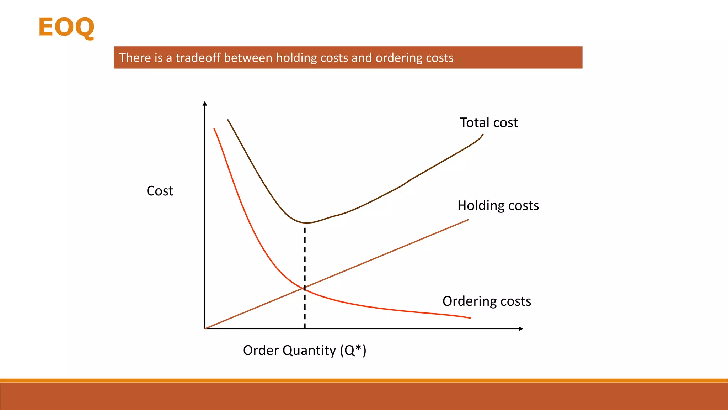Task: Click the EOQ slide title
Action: pos(66,27)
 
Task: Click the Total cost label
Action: pos(489,122)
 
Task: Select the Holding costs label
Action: pos(498,205)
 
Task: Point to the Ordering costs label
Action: pos(487,301)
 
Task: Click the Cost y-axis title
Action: pos(160,191)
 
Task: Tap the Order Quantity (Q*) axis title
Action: pos(305,350)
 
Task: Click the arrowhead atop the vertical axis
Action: pos(205,104)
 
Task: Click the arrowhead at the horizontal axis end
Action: pos(521,329)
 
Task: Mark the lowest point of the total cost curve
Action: pos(306,223)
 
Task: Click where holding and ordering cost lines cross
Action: pos(304,288)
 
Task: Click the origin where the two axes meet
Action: pos(205,328)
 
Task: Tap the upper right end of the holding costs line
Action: pos(468,220)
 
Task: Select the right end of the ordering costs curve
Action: pos(470,318)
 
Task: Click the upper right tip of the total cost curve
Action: pos(483,135)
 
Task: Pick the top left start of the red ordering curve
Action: pos(214,129)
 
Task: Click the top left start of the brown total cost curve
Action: pos(228,120)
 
